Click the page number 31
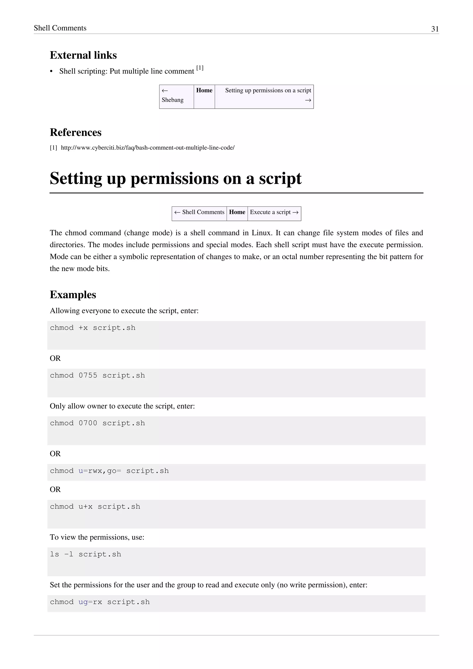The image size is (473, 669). point(435,29)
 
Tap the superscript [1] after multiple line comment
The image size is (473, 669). point(200,68)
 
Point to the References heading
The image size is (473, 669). point(76,132)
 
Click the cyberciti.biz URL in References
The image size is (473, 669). point(147,148)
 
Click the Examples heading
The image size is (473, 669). point(73,295)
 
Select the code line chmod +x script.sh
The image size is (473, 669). point(93,328)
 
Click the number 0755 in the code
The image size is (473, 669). point(88,376)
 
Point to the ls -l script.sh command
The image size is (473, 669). point(85,554)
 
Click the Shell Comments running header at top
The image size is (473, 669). point(60,28)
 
